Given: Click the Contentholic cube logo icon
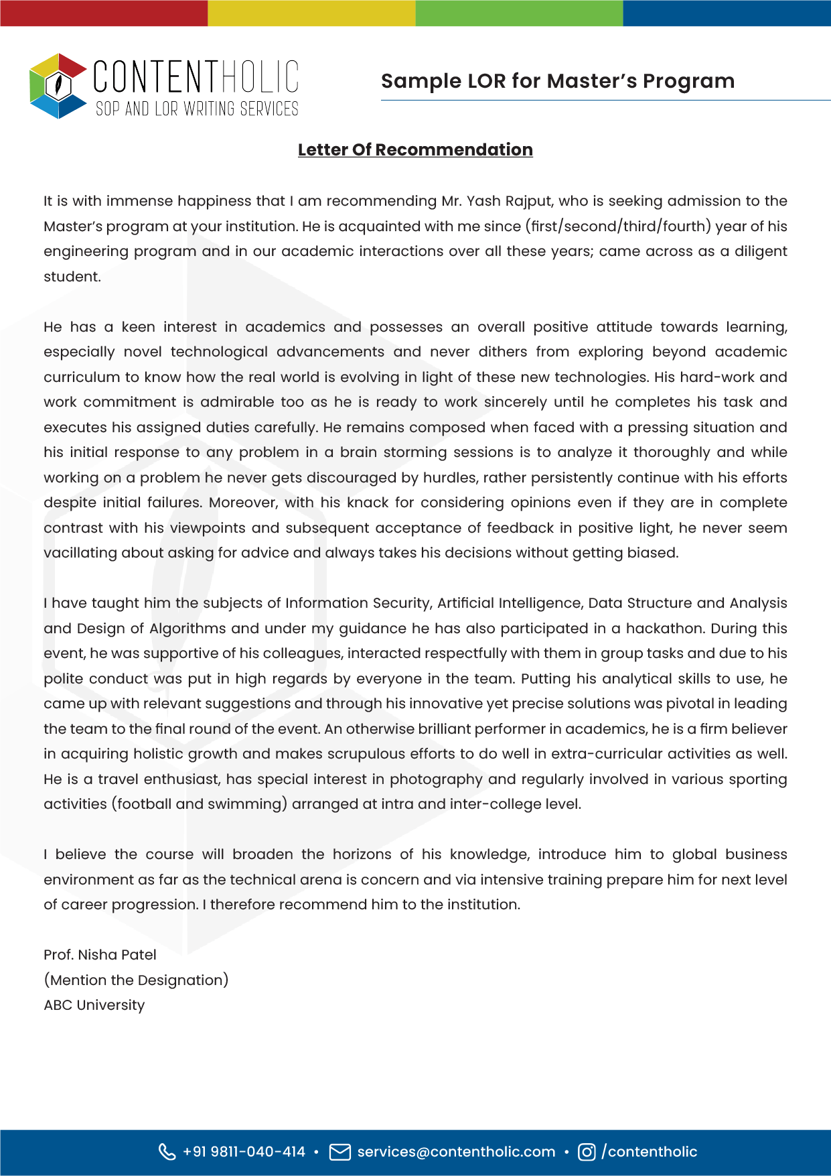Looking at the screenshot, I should (58, 86).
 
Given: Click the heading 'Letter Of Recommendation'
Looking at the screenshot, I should (415, 149).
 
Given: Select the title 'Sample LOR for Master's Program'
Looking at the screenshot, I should (557, 81).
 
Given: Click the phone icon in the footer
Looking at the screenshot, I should (167, 1152).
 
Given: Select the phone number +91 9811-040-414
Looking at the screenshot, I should (244, 1152).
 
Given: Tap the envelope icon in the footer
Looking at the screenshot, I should (340, 1152).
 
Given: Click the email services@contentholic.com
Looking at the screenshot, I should (456, 1152).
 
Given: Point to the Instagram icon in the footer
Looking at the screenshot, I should (587, 1152).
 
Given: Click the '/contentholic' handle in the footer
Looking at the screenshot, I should (649, 1152).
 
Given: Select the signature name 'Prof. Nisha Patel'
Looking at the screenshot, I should (100, 955).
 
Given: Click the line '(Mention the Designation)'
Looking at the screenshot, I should (136, 980).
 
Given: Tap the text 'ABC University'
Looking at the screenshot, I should (94, 1005).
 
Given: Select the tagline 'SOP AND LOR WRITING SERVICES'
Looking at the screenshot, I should (197, 109).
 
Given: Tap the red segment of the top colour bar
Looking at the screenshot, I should (104, 13).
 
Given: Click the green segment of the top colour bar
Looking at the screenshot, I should (519, 13).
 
